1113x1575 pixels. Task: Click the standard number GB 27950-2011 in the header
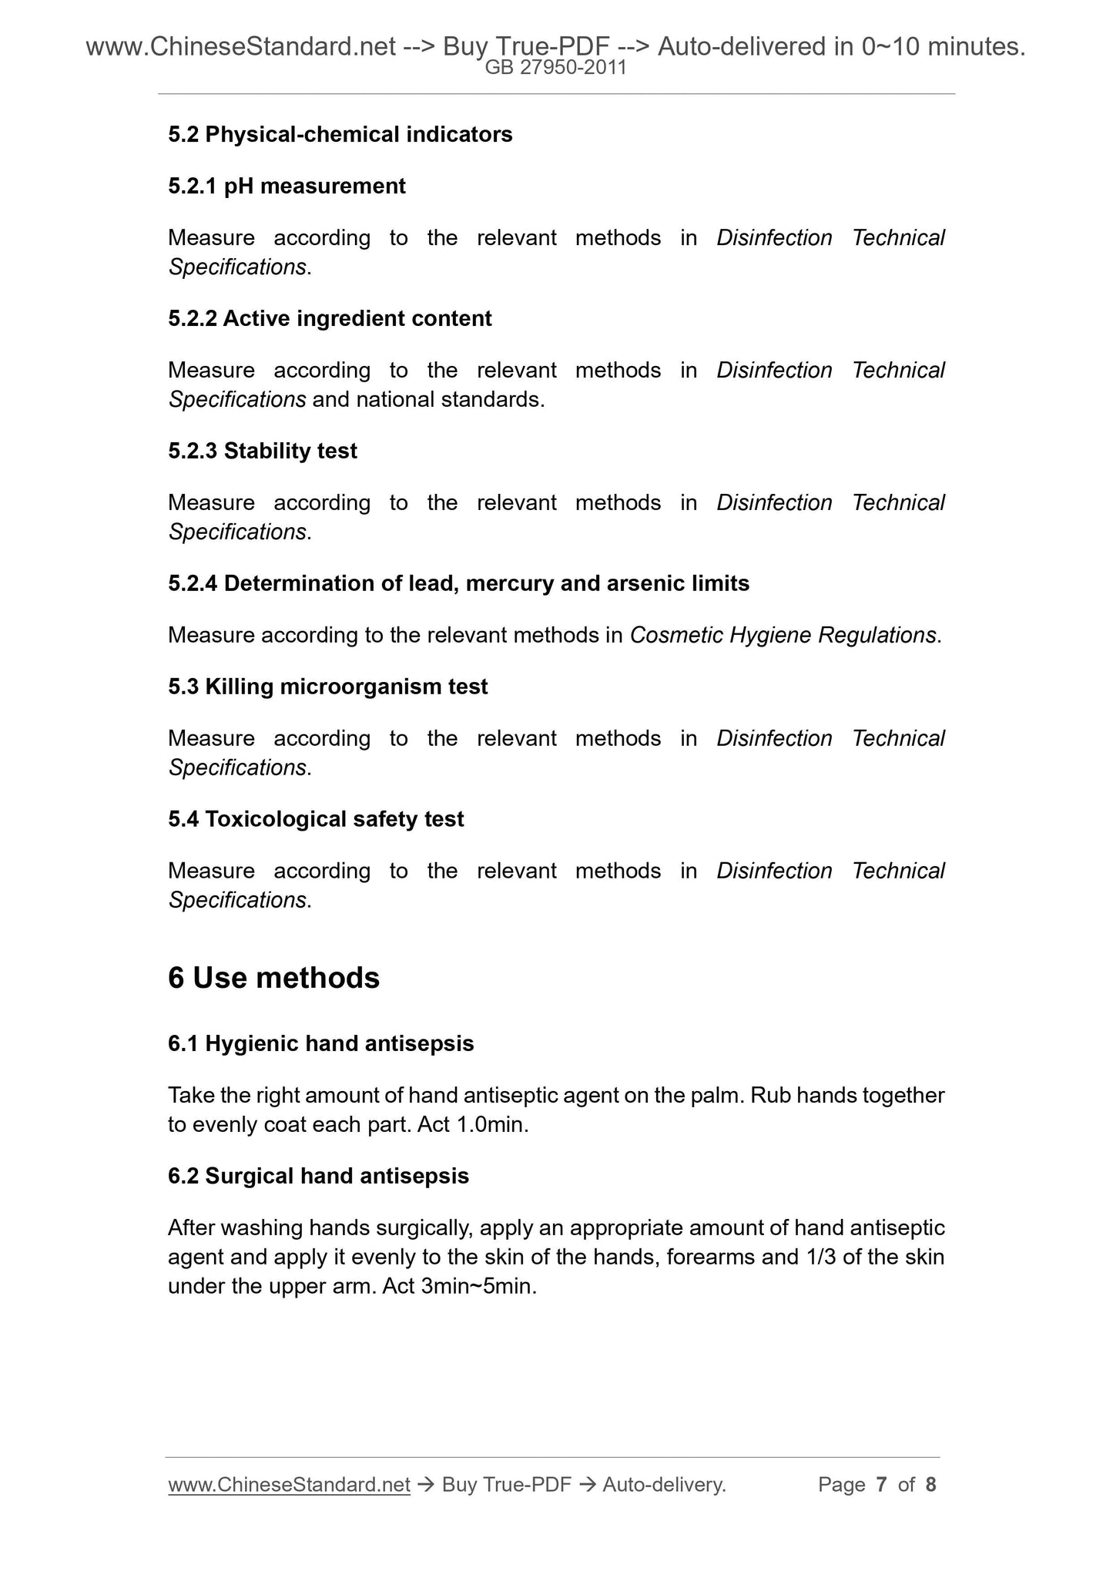point(555,68)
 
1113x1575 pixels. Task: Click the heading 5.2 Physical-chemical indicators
point(340,135)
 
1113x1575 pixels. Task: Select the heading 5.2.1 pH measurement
point(287,186)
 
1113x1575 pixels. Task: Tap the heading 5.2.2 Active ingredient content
point(330,319)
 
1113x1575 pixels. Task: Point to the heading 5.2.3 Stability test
point(263,451)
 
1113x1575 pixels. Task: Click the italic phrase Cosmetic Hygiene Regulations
point(783,636)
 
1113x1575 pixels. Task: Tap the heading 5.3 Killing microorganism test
point(327,687)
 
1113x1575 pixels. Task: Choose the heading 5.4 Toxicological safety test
point(316,819)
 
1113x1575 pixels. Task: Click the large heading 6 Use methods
point(273,978)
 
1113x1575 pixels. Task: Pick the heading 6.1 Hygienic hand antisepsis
point(320,1044)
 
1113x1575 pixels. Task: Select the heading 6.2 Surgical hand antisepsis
point(318,1177)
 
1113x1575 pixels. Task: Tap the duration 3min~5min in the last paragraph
point(478,1287)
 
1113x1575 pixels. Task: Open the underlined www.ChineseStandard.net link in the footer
point(289,1485)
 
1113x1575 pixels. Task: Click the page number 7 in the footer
point(882,1485)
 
